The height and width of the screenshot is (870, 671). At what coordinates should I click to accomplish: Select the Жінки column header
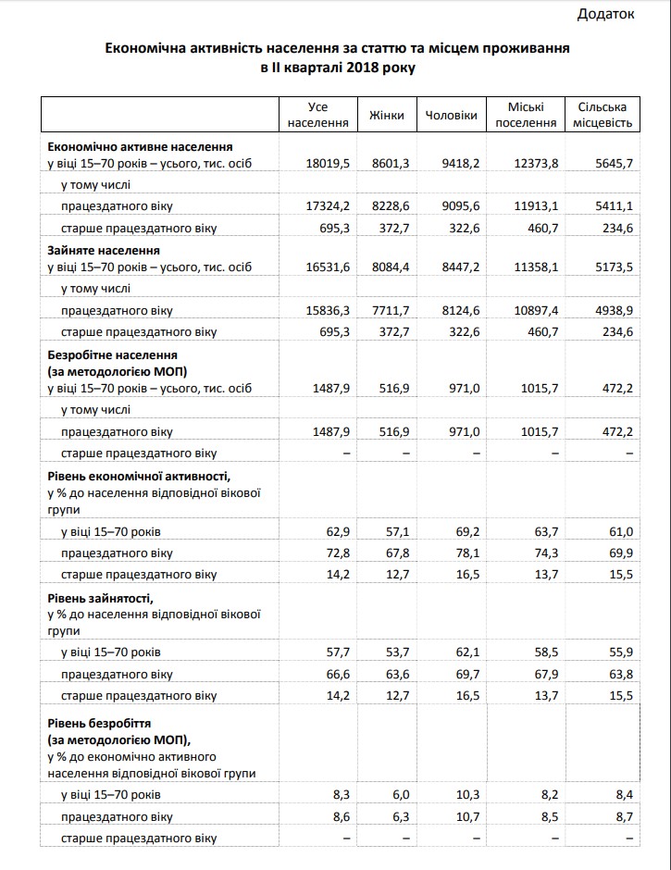click(x=386, y=116)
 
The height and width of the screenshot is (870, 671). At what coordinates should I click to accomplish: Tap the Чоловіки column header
click(x=451, y=116)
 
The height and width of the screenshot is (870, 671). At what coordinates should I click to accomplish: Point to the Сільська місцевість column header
click(x=603, y=115)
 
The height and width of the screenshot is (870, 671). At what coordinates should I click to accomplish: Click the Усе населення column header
click(x=317, y=115)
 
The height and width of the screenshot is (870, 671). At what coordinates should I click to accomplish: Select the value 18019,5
click(x=327, y=163)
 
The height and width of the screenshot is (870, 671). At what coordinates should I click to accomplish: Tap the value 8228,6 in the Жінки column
click(x=390, y=205)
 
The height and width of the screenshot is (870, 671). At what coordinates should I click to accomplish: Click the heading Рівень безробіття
click(x=99, y=722)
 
